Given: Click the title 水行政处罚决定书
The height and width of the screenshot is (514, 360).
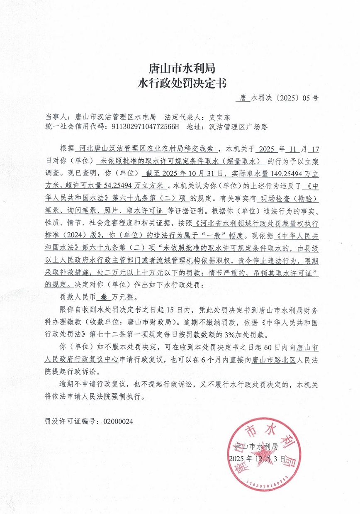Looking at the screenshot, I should coord(181,83).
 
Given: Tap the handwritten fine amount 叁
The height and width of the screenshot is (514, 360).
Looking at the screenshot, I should coord(101,297).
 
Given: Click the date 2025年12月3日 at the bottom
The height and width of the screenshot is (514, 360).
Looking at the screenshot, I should coord(258,459).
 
